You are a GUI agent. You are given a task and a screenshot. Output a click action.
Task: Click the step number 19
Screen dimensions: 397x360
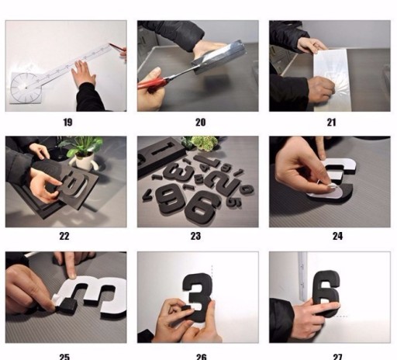pos(67,122)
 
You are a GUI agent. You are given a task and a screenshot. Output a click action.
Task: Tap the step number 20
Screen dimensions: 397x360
pos(200,122)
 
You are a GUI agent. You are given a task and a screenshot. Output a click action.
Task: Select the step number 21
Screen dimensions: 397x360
pos(332,122)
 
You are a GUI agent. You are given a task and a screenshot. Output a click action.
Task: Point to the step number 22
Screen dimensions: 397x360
pos(64,236)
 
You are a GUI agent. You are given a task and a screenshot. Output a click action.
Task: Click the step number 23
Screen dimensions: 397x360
pos(195,236)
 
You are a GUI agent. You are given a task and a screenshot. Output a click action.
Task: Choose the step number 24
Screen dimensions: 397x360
pos(337,236)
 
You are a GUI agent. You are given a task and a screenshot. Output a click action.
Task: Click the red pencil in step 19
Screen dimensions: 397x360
pos(118,47)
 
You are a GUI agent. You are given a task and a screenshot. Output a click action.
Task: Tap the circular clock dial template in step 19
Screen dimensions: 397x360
pos(26,88)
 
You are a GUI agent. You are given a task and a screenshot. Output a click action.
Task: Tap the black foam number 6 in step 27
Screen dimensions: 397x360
pos(326,293)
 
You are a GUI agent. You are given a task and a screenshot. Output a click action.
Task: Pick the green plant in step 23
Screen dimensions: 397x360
pos(203,142)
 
